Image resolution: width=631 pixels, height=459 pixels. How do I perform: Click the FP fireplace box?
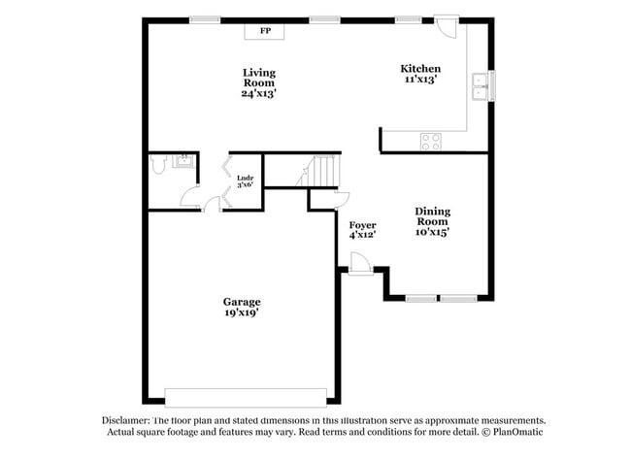(265, 31)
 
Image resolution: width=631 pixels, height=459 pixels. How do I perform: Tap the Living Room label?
(259, 78)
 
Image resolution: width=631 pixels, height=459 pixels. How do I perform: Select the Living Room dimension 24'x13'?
(259, 94)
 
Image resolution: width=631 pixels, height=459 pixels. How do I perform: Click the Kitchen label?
(420, 69)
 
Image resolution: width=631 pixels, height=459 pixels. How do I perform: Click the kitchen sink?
(479, 87)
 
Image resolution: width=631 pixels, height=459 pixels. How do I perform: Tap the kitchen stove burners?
(431, 142)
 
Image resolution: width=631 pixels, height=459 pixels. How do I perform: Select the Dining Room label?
(432, 216)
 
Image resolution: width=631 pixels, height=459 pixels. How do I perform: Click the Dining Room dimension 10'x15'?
(432, 232)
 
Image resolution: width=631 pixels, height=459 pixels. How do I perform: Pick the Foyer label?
(362, 225)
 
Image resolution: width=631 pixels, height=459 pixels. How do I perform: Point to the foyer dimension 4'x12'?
(362, 235)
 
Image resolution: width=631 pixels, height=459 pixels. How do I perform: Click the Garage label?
(242, 302)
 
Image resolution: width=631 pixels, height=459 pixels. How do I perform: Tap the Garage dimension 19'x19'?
(242, 312)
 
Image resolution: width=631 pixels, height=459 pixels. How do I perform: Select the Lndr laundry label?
(245, 177)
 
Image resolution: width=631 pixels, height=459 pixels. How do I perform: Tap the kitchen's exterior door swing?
(447, 26)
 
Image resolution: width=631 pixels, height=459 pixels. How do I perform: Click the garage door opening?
(246, 397)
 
